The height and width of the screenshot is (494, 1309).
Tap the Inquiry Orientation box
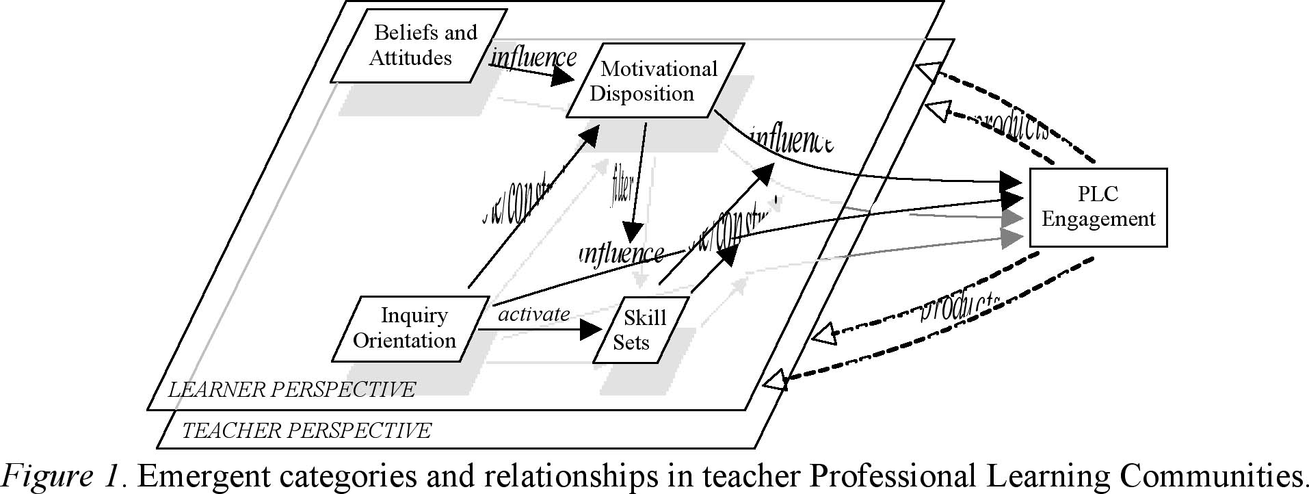[410, 328]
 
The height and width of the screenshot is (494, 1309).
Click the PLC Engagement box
[1098, 207]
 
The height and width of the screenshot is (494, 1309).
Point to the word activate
[533, 314]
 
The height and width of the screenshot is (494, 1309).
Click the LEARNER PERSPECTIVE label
[292, 389]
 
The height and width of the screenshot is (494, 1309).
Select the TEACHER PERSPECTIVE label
[306, 430]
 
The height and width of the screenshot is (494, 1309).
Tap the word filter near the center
[621, 188]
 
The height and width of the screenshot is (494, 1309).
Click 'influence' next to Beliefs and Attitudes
[534, 57]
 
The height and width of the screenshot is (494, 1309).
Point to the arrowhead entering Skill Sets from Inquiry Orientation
[590, 330]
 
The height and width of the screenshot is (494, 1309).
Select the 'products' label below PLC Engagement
[961, 306]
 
